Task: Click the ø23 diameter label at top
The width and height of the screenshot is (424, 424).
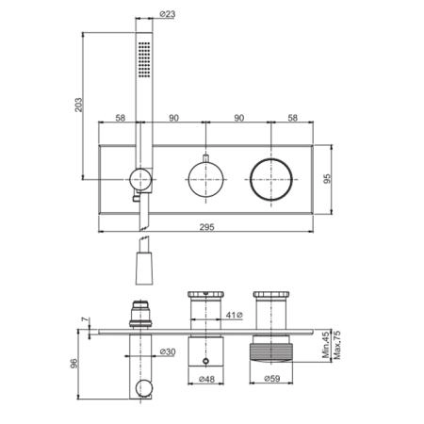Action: pos(168,14)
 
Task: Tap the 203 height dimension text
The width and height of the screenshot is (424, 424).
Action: pos(78,105)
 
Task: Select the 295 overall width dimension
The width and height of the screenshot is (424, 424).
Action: pos(206,227)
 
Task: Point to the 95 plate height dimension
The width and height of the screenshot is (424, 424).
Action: pos(327,179)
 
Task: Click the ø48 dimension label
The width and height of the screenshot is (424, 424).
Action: pos(206,379)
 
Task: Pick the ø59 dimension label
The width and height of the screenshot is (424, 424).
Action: pos(272,379)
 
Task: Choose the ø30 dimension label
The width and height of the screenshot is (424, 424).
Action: pos(168,351)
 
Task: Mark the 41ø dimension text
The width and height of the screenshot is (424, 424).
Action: pos(235,315)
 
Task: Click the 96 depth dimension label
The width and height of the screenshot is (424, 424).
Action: pos(73,364)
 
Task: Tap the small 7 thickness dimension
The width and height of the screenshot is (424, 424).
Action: pos(85,319)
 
